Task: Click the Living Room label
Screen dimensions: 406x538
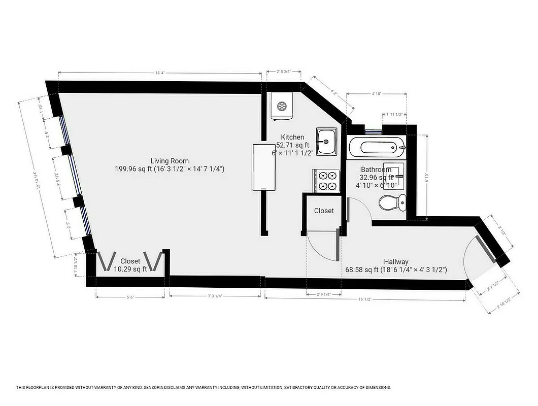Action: coord(170,160)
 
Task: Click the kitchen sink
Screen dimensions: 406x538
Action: coord(326,142)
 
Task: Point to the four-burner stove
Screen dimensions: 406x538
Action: coord(326,181)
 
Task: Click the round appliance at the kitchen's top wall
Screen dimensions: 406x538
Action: coord(281,107)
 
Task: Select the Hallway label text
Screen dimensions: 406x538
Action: coord(396,262)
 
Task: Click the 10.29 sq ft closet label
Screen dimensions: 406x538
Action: coord(130,269)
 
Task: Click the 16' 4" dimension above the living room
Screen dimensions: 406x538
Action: coord(160,74)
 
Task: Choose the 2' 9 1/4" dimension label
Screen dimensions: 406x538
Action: coord(323,294)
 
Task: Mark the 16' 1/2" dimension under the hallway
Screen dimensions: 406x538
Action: coord(365,299)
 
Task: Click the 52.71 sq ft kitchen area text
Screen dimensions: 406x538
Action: coord(293,145)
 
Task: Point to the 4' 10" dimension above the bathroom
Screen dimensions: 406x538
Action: coord(377,94)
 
